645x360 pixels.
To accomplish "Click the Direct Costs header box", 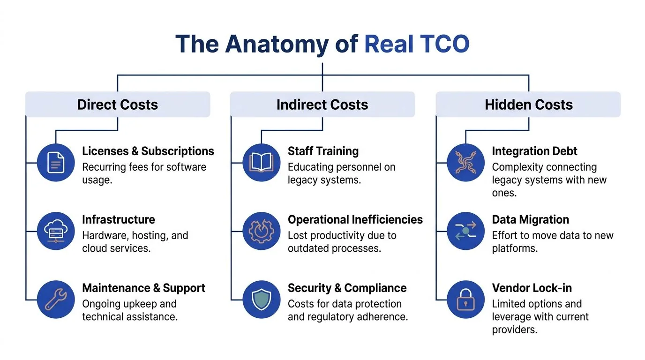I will [117, 105].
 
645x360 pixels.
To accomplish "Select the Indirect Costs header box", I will [322, 105].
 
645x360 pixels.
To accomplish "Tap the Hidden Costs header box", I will [528, 105].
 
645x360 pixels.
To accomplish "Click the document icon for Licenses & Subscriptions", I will [56, 163].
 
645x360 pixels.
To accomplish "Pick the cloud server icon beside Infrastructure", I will [56, 231].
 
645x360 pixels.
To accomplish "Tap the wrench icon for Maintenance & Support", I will [56, 300].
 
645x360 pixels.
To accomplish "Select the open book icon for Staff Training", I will [262, 163].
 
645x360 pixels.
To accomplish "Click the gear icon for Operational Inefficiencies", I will [262, 231].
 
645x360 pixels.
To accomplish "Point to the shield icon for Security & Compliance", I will [262, 300].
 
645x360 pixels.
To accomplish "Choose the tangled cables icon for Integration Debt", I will [465, 163].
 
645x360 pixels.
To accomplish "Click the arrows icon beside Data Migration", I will [465, 231].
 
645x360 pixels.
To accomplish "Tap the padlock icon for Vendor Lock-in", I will [465, 300].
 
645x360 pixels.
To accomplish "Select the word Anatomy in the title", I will [277, 44].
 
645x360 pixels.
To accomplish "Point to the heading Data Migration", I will [530, 219].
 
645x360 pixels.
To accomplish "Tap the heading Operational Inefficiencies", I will [355, 219].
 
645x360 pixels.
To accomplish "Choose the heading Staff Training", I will [323, 151].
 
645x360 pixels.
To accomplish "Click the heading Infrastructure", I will [118, 219].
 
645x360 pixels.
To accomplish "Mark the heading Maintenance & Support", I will [143, 288].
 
